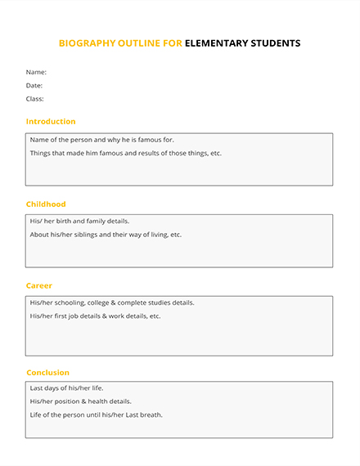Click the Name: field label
[36, 72]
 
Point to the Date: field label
[34, 85]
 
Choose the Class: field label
[34, 99]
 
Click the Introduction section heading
[51, 122]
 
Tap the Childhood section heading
[46, 204]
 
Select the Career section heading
[39, 286]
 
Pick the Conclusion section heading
[47, 373]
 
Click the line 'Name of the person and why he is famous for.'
[101, 140]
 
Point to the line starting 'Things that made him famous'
[125, 153]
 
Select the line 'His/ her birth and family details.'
[79, 221]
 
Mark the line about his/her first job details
[95, 316]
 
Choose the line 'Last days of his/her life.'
[66, 388]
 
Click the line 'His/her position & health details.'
[80, 401]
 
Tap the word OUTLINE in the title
[141, 43]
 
